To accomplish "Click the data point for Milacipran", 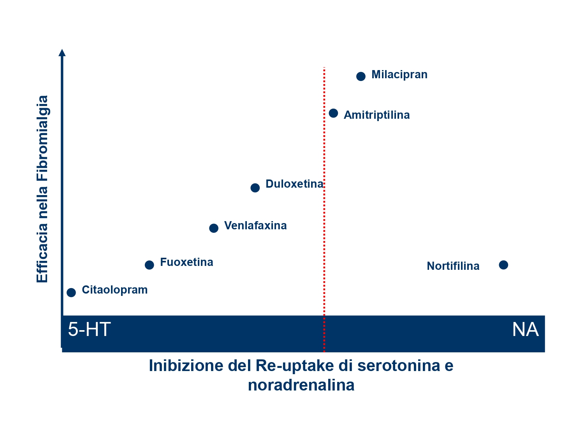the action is tap(361, 76).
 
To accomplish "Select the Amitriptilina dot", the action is tap(333, 113).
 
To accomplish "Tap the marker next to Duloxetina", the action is tap(255, 188).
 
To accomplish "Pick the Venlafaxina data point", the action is tap(214, 228).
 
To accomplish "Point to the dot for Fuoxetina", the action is tap(149, 265).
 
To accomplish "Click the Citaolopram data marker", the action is tap(71, 292).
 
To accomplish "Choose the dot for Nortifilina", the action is tap(503, 265).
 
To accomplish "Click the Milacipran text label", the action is tap(399, 75).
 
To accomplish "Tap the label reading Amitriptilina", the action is tap(376, 115).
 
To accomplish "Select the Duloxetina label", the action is tap(294, 184).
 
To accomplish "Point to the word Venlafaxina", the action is tap(255, 225).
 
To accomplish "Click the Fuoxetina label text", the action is tap(186, 262).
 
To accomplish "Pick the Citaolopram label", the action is tap(115, 290).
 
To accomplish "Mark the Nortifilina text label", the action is tap(453, 266).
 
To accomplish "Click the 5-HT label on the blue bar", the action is tap(89, 329).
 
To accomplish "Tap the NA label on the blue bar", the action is tap(525, 329).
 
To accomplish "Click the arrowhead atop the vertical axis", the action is tap(62, 53).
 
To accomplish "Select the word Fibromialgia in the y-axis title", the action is tap(42, 138).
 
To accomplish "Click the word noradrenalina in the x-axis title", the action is tap(301, 385).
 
